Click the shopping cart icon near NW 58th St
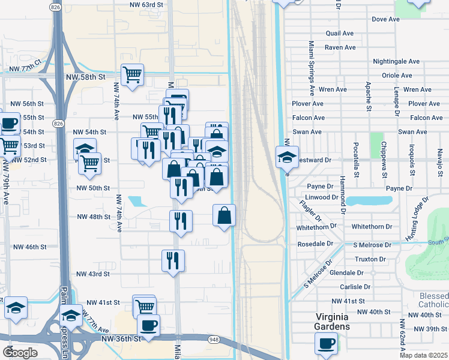pyautogui.click(x=132, y=75)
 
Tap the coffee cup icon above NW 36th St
pyautogui.click(x=148, y=326)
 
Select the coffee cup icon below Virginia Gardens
pyautogui.click(x=326, y=344)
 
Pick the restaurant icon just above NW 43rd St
pyautogui.click(x=173, y=260)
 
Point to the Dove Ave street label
pyautogui.click(x=385, y=19)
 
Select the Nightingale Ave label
pyautogui.click(x=396, y=61)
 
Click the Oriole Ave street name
pyautogui.click(x=397, y=76)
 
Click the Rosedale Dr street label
pyautogui.click(x=315, y=244)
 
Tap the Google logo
pyautogui.click(x=20, y=353)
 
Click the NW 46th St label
pyautogui.click(x=30, y=247)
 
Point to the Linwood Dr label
pyautogui.click(x=322, y=197)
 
